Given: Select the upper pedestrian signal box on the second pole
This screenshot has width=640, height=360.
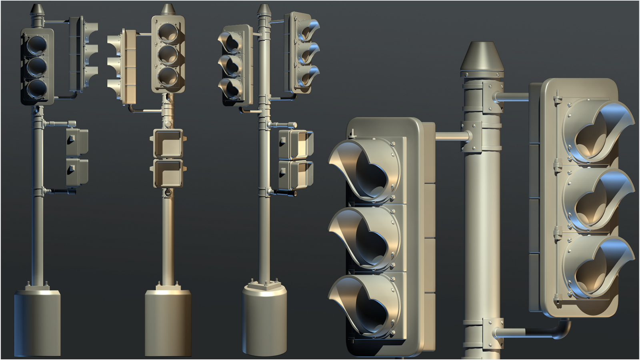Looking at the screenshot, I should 168,144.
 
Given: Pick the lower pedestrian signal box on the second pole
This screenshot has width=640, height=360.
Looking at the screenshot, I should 168,173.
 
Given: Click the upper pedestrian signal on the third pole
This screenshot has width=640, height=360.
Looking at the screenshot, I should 295,144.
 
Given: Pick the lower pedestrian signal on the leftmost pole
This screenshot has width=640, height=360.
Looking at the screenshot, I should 77,172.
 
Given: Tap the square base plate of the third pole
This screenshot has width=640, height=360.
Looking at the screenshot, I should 264,286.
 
